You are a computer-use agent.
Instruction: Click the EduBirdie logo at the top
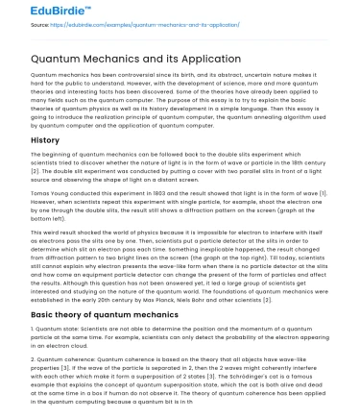click(x=37, y=11)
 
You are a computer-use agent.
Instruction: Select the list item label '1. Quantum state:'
click(x=60, y=330)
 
